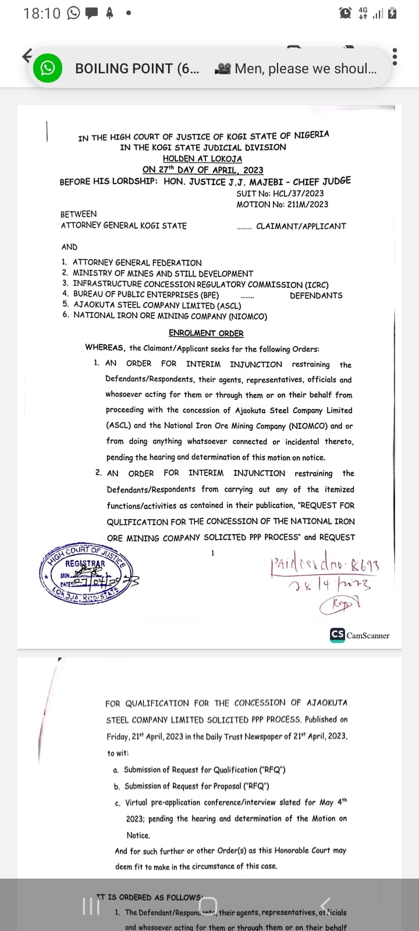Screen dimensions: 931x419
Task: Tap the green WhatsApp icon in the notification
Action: [x=47, y=68]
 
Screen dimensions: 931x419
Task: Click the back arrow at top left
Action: [x=27, y=56]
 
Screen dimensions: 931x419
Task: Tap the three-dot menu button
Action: [x=395, y=56]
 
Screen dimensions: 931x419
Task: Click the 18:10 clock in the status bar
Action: [x=41, y=13]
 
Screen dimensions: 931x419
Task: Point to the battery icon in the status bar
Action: [x=392, y=13]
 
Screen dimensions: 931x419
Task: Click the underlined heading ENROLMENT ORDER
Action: [x=206, y=333]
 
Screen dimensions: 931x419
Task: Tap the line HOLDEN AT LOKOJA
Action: [x=202, y=158]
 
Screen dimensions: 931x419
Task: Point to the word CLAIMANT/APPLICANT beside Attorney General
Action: [x=301, y=226]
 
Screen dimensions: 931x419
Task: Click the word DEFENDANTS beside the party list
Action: [x=316, y=295]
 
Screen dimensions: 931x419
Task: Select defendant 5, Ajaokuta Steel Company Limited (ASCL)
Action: [x=157, y=305]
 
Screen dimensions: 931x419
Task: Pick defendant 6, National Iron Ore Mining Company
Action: [x=169, y=316]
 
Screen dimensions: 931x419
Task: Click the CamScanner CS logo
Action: [x=337, y=635]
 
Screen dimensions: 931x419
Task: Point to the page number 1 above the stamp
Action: [x=212, y=553]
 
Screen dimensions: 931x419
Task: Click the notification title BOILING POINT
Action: [x=137, y=69]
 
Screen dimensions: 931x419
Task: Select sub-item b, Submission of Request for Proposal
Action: [x=197, y=786]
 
